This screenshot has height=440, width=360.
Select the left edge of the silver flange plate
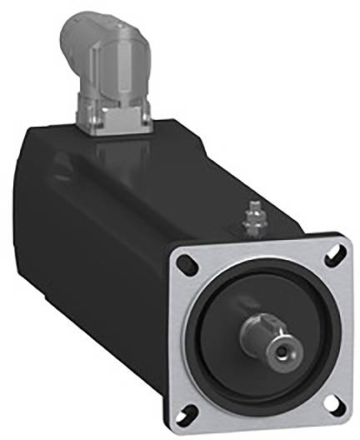pos(177,333)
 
